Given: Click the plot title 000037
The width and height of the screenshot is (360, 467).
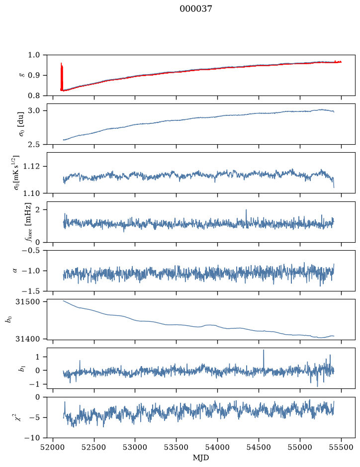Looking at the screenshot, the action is point(195,9).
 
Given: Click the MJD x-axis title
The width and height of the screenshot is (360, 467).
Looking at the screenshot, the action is point(201,458).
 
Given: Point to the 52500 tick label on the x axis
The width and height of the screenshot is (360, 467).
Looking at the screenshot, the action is point(94,447).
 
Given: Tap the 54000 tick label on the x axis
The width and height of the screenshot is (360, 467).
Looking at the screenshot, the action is point(217,447).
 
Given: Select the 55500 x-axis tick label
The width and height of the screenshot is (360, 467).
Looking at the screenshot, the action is point(341,447).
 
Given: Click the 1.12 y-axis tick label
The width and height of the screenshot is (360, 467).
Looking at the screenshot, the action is point(36,166).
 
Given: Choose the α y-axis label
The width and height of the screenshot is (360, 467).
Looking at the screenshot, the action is point(15,271).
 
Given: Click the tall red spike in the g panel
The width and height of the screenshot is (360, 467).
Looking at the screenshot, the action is point(61,76).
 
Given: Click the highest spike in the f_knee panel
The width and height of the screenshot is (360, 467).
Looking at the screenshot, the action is point(246,216).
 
